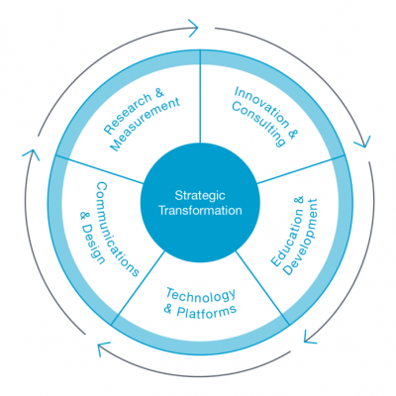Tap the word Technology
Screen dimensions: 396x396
(202, 295)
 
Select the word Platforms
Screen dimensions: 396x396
(209, 312)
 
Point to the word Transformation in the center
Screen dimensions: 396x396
(200, 210)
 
